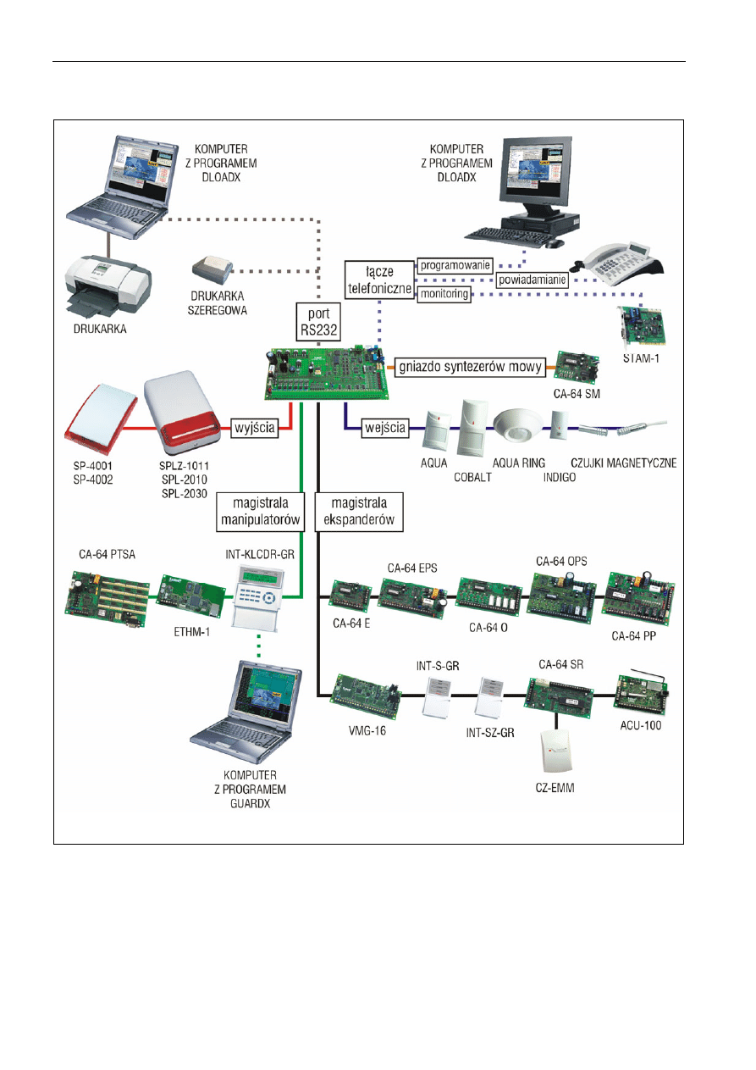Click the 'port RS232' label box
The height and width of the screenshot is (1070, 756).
point(317,323)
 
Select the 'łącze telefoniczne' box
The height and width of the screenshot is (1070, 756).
point(379,278)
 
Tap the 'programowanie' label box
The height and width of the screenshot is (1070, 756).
point(455,264)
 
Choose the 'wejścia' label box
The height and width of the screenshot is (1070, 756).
point(385,428)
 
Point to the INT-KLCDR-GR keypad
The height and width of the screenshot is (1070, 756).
point(256,597)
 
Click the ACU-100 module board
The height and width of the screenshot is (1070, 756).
point(640,692)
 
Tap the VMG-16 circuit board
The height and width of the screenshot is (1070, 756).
point(365,695)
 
